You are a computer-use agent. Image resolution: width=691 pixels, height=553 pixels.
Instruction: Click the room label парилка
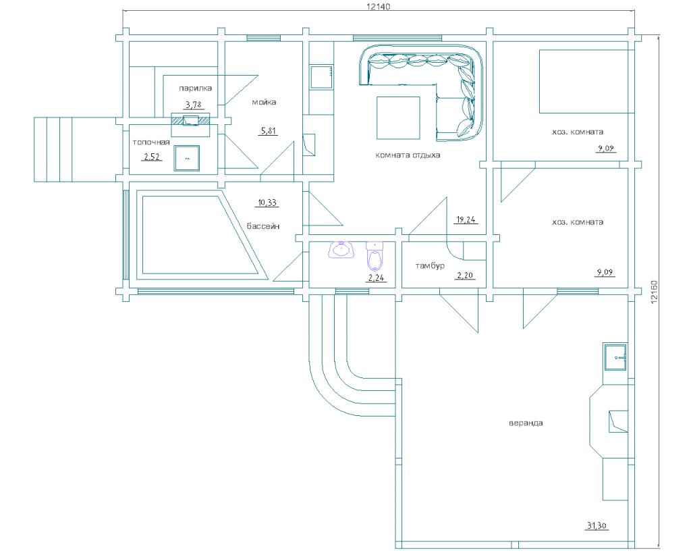tap(195, 88)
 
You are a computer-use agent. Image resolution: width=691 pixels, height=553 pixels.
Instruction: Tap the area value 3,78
tap(194, 105)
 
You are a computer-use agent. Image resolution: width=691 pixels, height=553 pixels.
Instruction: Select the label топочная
tap(151, 142)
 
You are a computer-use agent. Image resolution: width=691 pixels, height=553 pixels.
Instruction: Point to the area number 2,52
tap(152, 156)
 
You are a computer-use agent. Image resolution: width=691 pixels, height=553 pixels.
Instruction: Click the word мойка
tap(264, 102)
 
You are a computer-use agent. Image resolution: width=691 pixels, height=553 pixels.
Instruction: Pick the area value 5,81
tap(269, 130)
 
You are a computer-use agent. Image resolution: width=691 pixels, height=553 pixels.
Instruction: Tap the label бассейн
tap(263, 226)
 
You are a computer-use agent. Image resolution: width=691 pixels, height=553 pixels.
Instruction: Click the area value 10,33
tap(267, 203)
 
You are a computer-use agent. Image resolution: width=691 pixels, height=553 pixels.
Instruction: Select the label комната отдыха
tap(408, 155)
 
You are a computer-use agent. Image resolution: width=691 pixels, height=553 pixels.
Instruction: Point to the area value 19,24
tap(466, 219)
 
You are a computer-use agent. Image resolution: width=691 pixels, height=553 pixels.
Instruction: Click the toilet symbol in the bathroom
tap(375, 256)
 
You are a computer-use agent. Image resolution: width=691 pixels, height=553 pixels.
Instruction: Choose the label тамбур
tap(430, 265)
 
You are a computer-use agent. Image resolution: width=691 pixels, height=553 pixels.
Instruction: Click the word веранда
tap(526, 423)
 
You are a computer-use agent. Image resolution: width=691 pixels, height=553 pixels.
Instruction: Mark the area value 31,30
tap(597, 525)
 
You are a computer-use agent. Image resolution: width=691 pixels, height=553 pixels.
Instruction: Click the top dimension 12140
tap(379, 6)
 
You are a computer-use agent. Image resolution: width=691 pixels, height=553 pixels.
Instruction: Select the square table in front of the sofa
tap(398, 117)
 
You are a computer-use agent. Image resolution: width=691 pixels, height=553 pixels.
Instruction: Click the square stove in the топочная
tap(187, 158)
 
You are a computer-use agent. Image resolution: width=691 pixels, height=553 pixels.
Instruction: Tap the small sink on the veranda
tap(616, 357)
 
